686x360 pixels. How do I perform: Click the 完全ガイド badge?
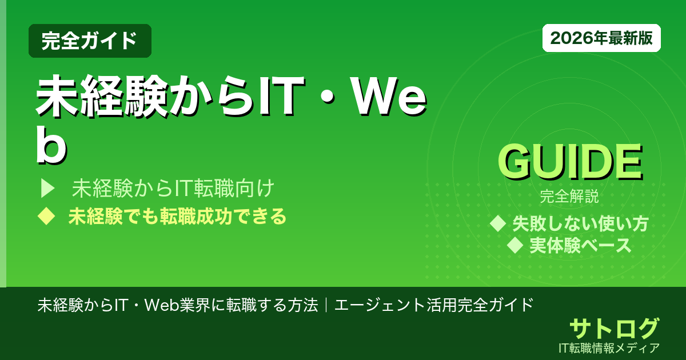point(90,41)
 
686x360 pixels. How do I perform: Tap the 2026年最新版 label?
point(601,38)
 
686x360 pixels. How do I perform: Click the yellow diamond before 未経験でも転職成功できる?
point(46,217)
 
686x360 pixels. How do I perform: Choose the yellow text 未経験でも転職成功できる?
point(177,217)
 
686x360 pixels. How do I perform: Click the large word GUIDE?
point(569,163)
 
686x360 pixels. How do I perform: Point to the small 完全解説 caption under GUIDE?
point(569,198)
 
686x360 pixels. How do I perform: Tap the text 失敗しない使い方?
point(580,223)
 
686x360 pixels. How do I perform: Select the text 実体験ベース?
point(580,245)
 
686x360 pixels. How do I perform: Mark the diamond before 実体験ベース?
point(516,245)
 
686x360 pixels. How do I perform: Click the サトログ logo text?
point(614,329)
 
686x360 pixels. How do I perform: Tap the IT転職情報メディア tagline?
point(610,347)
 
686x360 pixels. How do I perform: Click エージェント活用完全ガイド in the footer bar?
point(434,305)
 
